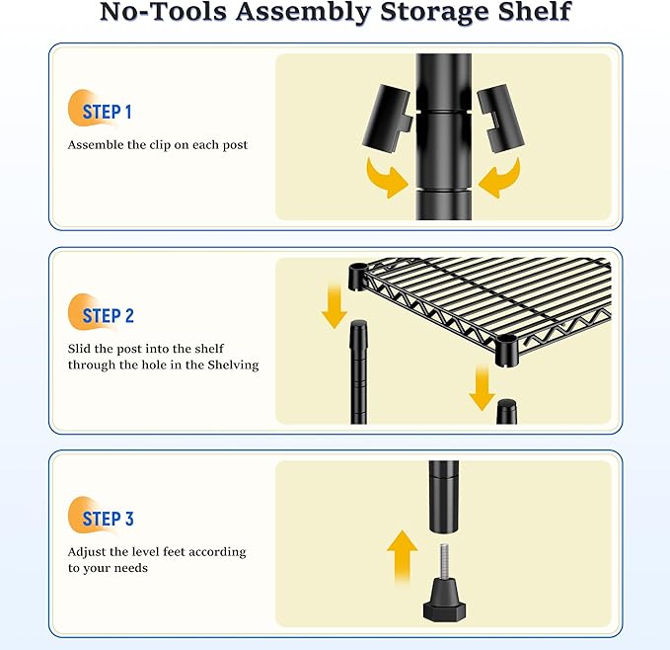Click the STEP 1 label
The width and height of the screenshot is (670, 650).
tap(107, 112)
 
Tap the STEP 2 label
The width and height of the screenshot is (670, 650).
tap(109, 316)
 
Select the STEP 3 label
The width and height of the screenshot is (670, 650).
tap(109, 519)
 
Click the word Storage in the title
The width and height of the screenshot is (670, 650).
tap(432, 12)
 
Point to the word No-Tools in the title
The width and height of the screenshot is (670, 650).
tap(163, 11)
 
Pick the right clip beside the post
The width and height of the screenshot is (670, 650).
tap(501, 119)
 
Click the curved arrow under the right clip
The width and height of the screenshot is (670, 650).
tap(500, 179)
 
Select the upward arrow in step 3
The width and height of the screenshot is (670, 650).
tap(402, 556)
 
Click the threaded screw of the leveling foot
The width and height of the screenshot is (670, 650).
tap(444, 560)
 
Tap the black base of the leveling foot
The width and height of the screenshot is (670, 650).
tap(444, 600)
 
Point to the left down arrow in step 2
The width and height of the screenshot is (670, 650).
tap(335, 306)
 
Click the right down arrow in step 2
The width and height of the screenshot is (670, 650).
tap(482, 388)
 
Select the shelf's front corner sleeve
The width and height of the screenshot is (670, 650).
tap(507, 351)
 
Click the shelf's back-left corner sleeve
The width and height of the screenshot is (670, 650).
tap(358, 278)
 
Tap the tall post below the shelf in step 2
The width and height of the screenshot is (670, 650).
tap(358, 372)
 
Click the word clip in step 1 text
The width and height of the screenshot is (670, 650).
tap(160, 145)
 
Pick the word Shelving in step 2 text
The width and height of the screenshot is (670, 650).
tap(233, 366)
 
